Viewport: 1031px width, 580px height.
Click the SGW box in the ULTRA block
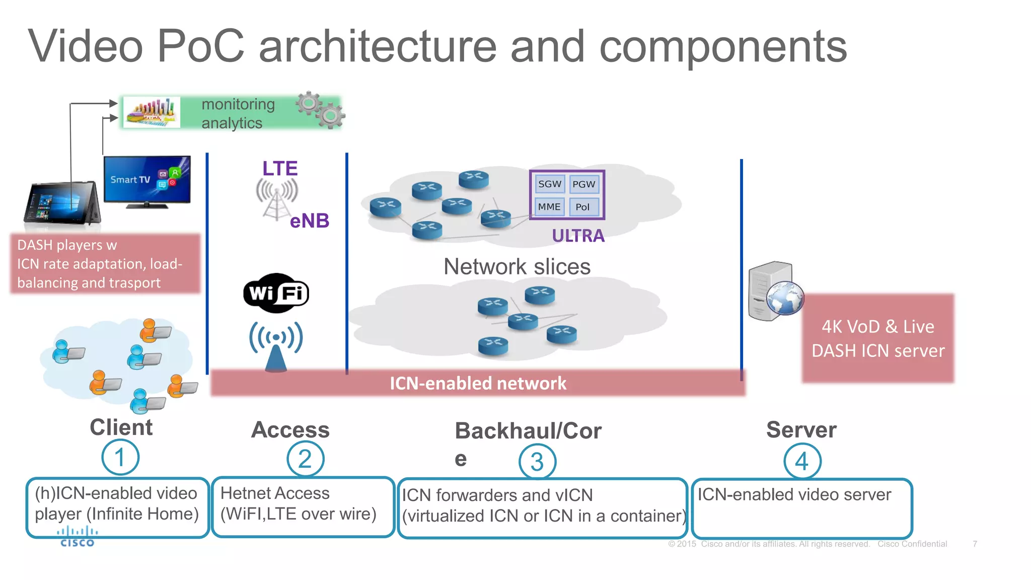pos(549,184)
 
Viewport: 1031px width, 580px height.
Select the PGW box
pos(583,184)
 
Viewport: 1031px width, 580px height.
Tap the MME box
pos(549,206)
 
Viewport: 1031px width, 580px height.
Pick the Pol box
pos(583,207)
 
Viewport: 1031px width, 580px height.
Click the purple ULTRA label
pos(578,236)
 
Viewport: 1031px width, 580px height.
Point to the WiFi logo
pos(276,293)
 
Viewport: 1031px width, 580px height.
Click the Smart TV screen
pos(147,180)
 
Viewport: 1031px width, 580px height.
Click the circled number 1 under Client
pos(120,457)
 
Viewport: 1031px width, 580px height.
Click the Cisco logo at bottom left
pos(77,537)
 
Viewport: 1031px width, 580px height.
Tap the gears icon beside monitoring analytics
pos(321,109)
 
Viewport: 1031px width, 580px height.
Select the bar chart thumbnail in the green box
pos(152,112)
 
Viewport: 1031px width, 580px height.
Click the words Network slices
pos(517,266)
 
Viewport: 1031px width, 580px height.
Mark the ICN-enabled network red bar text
pos(478,383)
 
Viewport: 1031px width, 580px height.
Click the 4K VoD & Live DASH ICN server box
pos(877,338)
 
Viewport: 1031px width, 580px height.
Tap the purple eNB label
pos(309,221)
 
